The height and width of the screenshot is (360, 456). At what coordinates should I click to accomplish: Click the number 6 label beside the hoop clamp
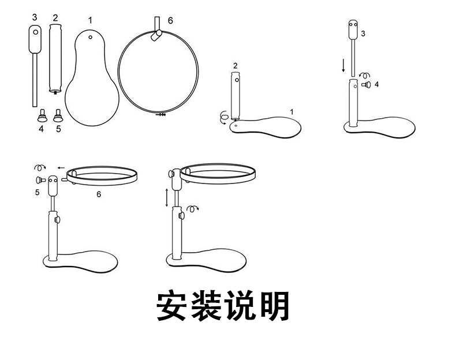point(170,20)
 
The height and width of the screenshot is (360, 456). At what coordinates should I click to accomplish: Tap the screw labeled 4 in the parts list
point(41,115)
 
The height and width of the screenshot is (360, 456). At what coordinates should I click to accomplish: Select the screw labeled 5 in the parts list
point(58,115)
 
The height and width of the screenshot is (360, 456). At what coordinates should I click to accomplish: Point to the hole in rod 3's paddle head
point(36,33)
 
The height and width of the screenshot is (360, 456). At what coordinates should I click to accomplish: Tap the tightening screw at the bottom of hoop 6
point(160,115)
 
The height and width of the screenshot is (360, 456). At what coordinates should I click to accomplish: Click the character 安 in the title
point(173,306)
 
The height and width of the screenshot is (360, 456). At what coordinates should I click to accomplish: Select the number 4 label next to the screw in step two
point(376,84)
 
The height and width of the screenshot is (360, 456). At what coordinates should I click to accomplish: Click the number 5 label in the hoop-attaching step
point(37,192)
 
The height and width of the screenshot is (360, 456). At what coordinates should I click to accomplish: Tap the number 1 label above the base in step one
point(291,111)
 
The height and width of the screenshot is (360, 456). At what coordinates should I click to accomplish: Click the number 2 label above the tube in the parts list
point(55,17)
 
